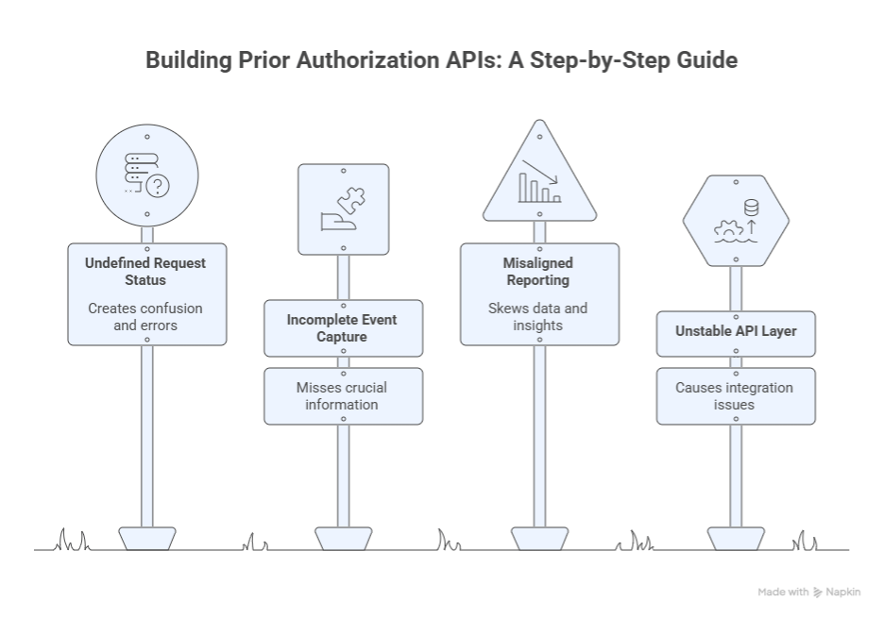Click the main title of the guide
pyautogui.click(x=441, y=60)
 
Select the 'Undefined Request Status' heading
pyautogui.click(x=145, y=272)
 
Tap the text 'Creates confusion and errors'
pyautogui.click(x=145, y=316)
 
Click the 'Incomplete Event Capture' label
pyautogui.click(x=342, y=327)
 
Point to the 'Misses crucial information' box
pyautogui.click(x=342, y=395)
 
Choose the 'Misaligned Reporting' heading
pyautogui.click(x=538, y=272)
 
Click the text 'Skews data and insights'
pyautogui.click(x=538, y=316)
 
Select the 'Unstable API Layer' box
pyautogui.click(x=735, y=332)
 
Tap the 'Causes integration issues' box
pyautogui.click(x=735, y=395)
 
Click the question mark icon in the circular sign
pyautogui.click(x=158, y=187)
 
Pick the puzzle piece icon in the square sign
pyautogui.click(x=351, y=200)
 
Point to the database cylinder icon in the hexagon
pyautogui.click(x=751, y=208)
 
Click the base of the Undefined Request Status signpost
pyautogui.click(x=146, y=538)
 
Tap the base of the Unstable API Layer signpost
pyautogui.click(x=736, y=538)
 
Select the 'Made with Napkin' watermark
pyautogui.click(x=809, y=592)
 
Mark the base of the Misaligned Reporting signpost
pyautogui.click(x=539, y=538)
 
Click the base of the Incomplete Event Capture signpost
pyautogui.click(x=343, y=538)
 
